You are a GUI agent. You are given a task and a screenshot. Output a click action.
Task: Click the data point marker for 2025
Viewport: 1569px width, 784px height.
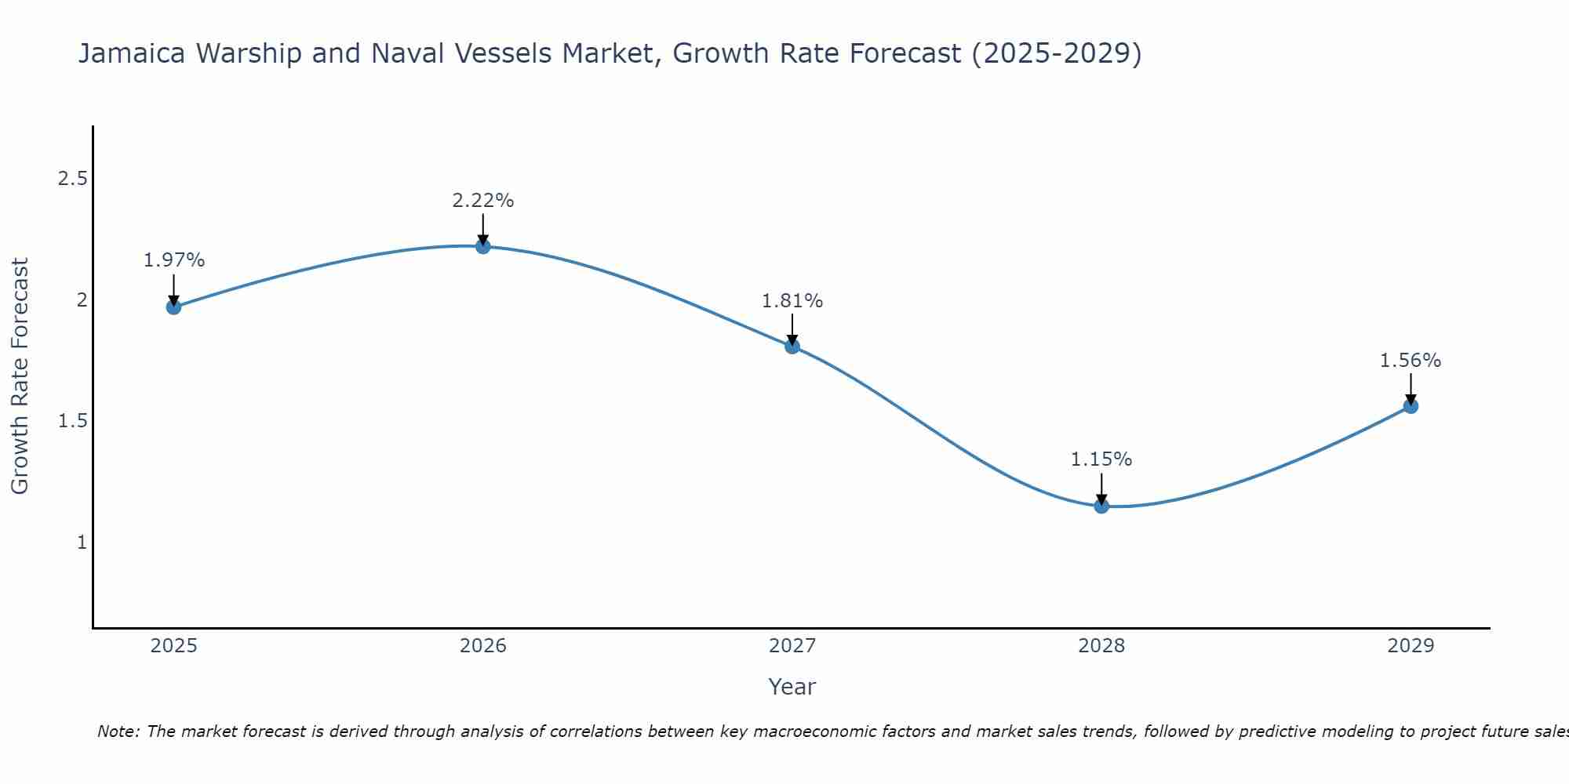[173, 307]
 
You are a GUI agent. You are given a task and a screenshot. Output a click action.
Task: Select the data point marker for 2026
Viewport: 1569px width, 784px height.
[483, 246]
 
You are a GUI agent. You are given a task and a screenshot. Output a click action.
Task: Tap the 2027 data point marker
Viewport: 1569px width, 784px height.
[792, 346]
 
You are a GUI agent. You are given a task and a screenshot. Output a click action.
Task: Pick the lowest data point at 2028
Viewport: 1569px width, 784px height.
[1101, 506]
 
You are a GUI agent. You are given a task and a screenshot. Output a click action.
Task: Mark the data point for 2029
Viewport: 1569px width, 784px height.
[1411, 406]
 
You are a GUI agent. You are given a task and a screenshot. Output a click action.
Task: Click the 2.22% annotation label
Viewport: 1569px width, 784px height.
[483, 201]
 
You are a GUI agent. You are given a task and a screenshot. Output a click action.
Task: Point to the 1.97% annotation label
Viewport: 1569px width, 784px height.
[174, 260]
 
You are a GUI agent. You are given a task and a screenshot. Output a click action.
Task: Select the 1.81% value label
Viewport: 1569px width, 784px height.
[792, 301]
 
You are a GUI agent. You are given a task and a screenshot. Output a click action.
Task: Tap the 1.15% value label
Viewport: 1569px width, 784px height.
[1101, 459]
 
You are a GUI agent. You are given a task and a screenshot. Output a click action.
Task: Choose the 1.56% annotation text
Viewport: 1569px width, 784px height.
[1411, 361]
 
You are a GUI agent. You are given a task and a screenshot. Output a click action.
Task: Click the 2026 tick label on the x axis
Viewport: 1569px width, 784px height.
[483, 646]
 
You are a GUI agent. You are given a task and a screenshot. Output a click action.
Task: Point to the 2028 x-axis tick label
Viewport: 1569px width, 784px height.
[1101, 646]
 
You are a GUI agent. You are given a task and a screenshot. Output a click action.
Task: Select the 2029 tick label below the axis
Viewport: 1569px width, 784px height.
[1411, 646]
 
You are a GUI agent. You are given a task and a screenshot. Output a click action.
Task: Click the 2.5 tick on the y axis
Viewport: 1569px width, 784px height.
[72, 180]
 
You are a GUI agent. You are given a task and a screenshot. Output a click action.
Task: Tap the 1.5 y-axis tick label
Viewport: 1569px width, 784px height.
[72, 422]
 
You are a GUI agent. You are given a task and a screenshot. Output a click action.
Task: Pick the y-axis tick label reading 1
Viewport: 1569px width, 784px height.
[82, 543]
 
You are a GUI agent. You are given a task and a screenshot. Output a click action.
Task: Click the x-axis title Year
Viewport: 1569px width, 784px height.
[792, 687]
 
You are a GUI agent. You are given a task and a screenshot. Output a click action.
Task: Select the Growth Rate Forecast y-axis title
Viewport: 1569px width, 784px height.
[20, 376]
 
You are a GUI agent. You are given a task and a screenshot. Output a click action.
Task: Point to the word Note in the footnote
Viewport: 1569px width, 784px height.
[118, 731]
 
